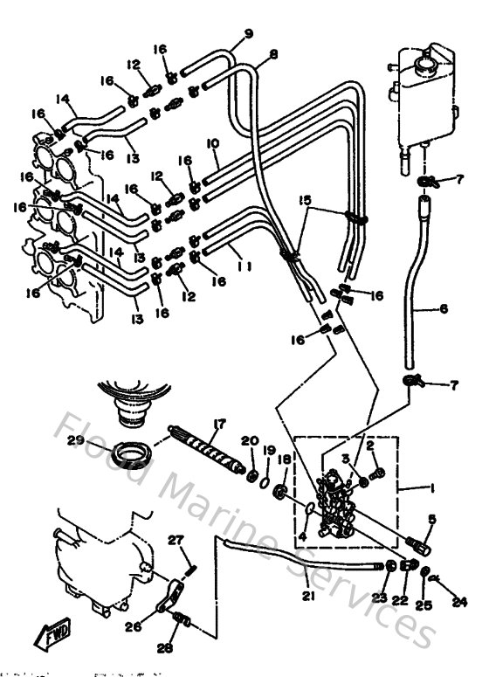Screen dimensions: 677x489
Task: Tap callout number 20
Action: point(249,442)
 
